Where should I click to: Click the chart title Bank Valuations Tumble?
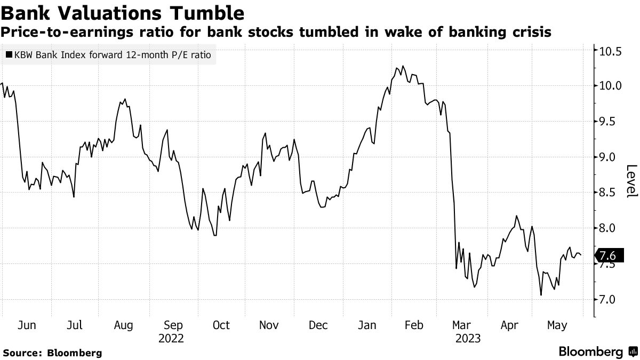124,13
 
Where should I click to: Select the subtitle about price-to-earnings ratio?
276,33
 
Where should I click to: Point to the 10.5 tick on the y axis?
610,52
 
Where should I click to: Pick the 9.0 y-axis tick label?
610,157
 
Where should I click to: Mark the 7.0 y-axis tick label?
610,300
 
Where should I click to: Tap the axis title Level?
631,181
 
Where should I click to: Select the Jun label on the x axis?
27,325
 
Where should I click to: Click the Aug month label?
124,325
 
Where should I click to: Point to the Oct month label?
220,325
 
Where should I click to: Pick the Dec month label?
318,325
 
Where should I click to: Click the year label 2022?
171,338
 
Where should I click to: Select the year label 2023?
468,338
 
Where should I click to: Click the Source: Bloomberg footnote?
52,353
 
